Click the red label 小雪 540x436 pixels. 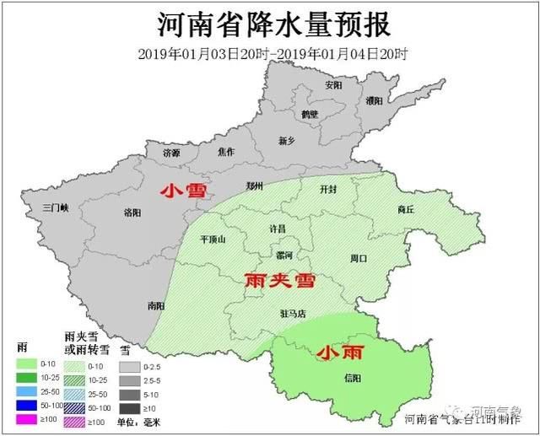click(x=185, y=191)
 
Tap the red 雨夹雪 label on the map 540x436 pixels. click(x=279, y=281)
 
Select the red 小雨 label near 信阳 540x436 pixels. click(x=338, y=354)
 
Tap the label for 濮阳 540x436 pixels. click(x=374, y=100)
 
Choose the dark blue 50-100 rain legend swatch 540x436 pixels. click(x=28, y=406)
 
